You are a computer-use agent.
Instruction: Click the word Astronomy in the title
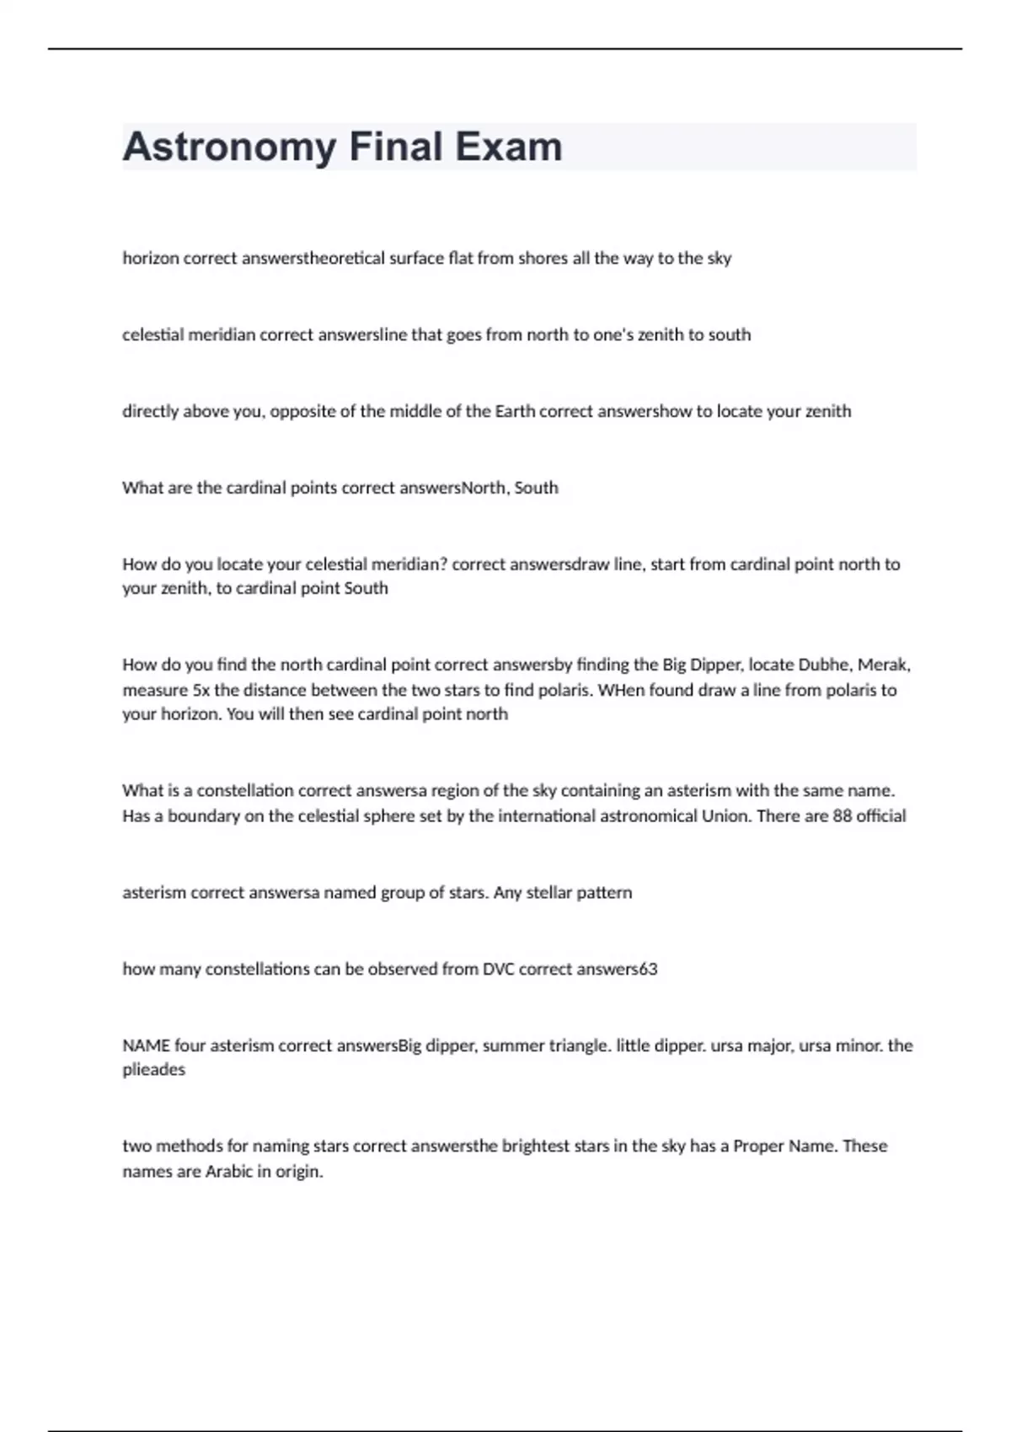(x=229, y=147)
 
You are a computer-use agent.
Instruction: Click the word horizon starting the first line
(x=151, y=259)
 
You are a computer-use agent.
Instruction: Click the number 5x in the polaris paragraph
(x=201, y=690)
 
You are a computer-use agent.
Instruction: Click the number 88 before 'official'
(x=842, y=815)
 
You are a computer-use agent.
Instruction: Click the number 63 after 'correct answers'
(x=648, y=969)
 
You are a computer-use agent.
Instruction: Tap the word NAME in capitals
(x=147, y=1045)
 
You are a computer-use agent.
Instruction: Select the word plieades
(x=153, y=1070)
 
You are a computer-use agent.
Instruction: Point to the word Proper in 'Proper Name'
(x=758, y=1146)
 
